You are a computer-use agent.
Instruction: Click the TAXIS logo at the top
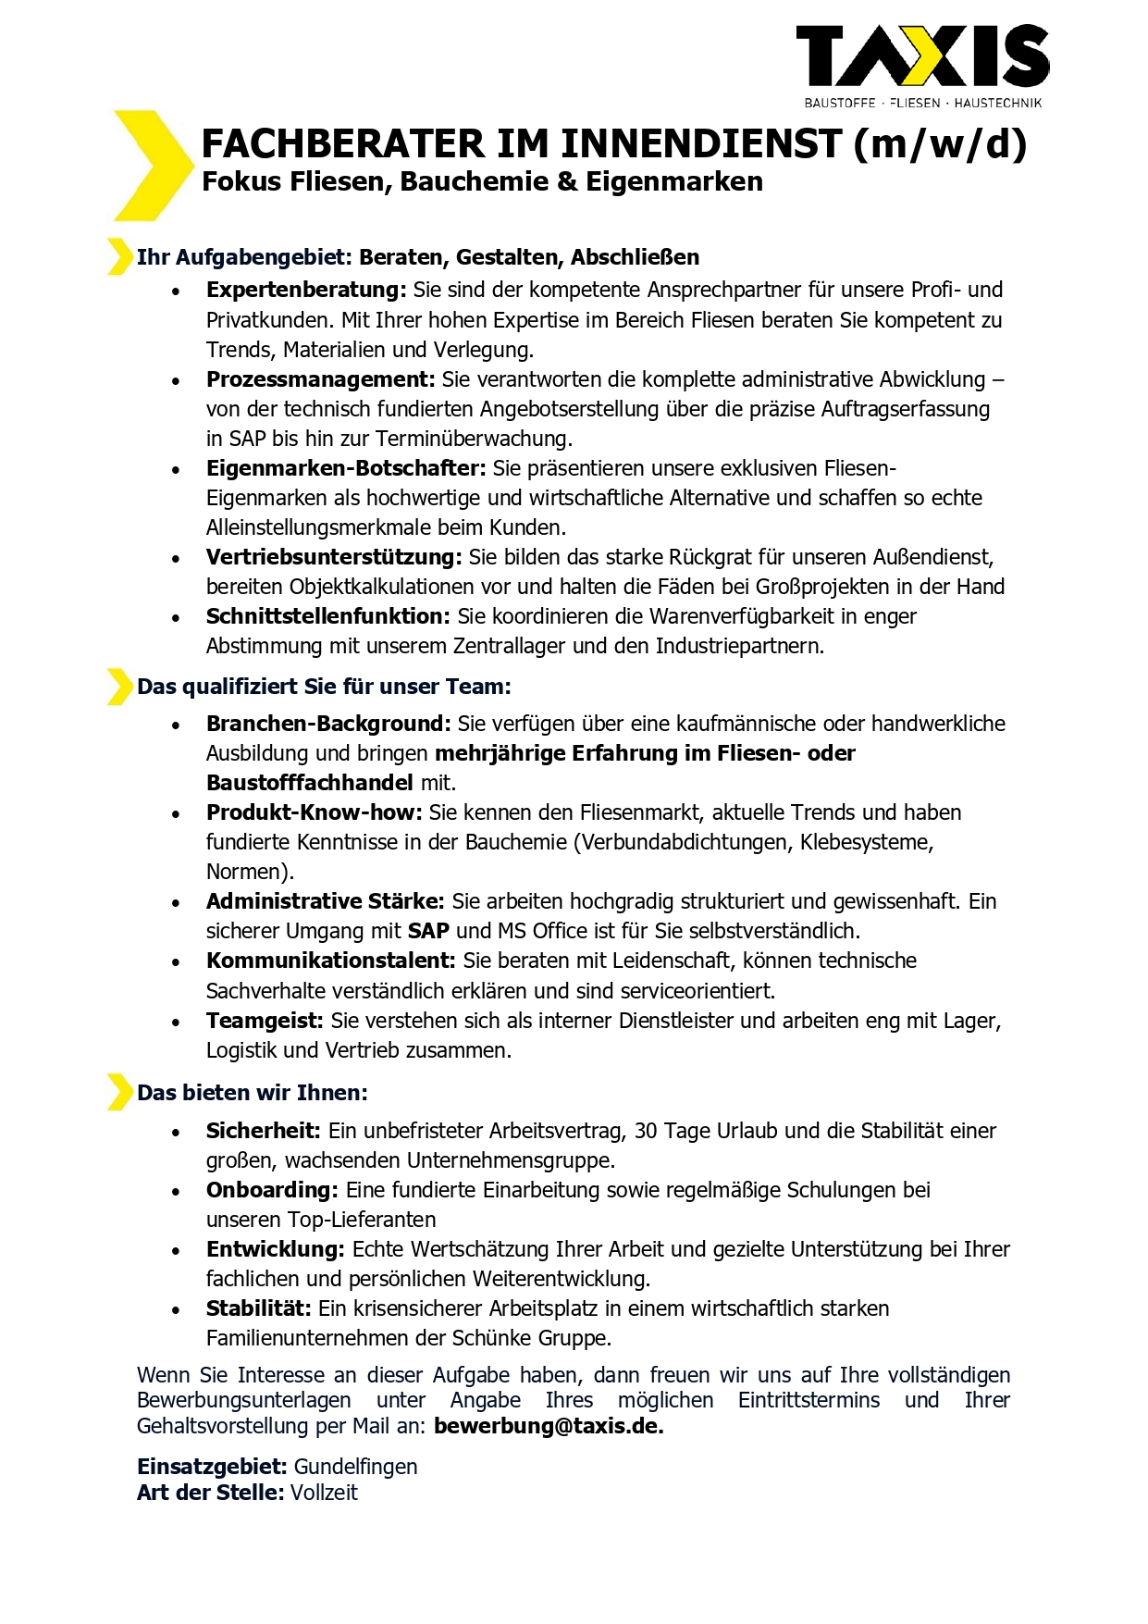[x=922, y=57]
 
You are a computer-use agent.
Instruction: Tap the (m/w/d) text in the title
[x=940, y=144]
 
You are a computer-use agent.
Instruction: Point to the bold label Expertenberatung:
[x=306, y=290]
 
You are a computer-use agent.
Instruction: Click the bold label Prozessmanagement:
[x=320, y=379]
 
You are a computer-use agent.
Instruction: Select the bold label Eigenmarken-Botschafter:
[x=346, y=468]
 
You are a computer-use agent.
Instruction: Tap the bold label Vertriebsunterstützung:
[x=334, y=557]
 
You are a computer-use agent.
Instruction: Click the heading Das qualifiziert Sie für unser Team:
[x=324, y=687]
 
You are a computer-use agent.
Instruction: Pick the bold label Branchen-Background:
[x=328, y=724]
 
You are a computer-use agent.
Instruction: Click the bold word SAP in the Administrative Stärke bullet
[x=429, y=931]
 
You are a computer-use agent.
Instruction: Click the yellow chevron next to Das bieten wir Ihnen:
[x=119, y=1092]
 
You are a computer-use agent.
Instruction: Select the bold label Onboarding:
[x=272, y=1190]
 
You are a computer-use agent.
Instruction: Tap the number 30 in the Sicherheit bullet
[x=646, y=1131]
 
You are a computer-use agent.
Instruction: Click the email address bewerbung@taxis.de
[x=549, y=1426]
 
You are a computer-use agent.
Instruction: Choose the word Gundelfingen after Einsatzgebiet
[x=356, y=1467]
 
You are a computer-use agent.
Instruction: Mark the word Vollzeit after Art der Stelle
[x=324, y=1493]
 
